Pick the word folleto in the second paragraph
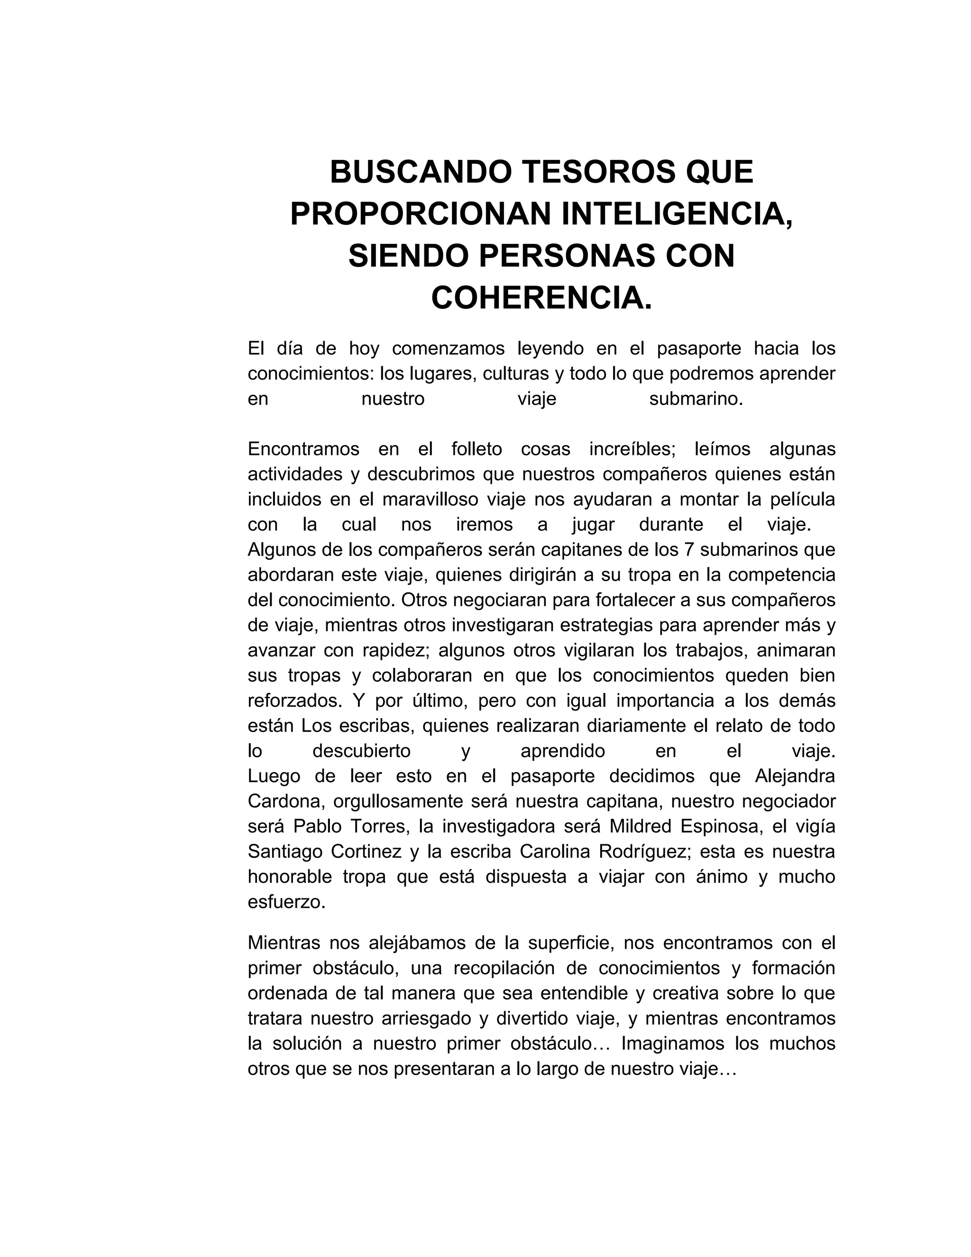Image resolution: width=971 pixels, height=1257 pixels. coord(476,449)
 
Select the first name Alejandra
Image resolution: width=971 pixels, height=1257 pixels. coord(795,776)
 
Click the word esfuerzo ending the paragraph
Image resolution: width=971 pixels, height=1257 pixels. coord(286,902)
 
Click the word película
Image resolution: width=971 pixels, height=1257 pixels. coord(803,499)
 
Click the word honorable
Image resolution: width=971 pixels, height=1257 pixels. coord(290,877)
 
